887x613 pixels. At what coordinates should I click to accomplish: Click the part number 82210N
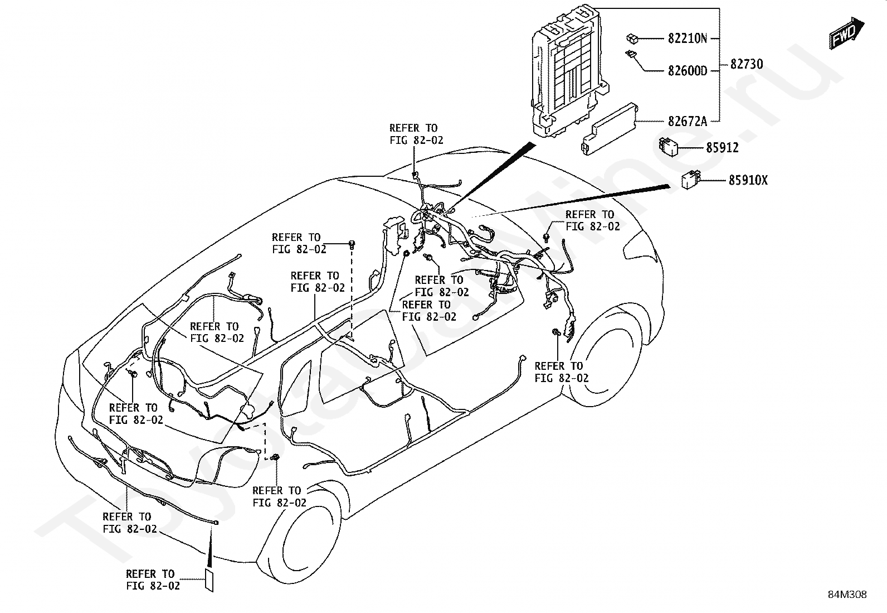point(688,38)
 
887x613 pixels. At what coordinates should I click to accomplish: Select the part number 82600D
point(688,71)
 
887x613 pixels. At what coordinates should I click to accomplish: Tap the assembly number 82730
point(747,64)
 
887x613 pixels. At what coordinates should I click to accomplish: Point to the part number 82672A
point(688,122)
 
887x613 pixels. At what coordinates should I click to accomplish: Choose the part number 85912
point(722,148)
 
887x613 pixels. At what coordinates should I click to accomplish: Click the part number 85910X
point(748,180)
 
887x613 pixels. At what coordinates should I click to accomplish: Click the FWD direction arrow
point(846,33)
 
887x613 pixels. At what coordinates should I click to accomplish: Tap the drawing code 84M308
point(847,595)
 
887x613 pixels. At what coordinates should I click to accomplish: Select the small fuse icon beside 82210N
point(632,38)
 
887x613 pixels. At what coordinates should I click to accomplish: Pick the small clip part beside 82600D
point(631,54)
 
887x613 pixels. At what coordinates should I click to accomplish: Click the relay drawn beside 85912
point(667,147)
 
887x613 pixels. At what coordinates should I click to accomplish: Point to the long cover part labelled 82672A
point(610,129)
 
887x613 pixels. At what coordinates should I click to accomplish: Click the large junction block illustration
point(566,71)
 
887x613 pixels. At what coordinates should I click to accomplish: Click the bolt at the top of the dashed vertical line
point(352,243)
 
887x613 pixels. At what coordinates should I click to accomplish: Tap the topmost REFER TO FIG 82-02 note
point(416,134)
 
